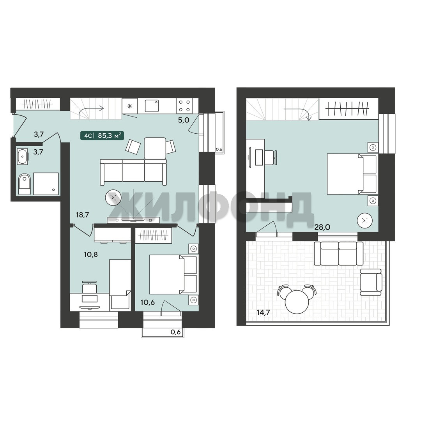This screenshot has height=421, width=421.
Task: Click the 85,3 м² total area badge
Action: tap(102, 136)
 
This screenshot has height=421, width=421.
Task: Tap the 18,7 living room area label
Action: tap(82, 215)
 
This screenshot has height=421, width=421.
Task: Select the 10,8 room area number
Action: tap(91, 255)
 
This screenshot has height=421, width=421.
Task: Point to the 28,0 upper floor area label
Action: tap(322, 227)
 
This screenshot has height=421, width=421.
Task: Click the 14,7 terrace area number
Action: tap(263, 313)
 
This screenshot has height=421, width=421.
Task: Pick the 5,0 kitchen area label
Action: tap(184, 120)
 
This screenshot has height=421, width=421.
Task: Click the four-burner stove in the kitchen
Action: tap(184, 106)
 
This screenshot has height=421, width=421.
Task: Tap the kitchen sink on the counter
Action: tap(152, 106)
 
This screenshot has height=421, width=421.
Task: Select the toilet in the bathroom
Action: tap(25, 184)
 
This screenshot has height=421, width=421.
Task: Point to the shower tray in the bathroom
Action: tap(46, 184)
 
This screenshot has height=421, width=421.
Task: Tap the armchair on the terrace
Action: tap(371, 282)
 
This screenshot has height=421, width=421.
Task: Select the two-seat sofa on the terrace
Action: tap(339, 253)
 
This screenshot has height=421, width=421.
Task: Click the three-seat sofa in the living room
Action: tap(133, 172)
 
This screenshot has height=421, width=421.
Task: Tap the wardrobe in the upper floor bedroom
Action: tap(348, 109)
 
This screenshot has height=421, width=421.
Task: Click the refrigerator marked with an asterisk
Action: tap(130, 106)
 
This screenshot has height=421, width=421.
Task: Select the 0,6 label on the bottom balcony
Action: tap(175, 332)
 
